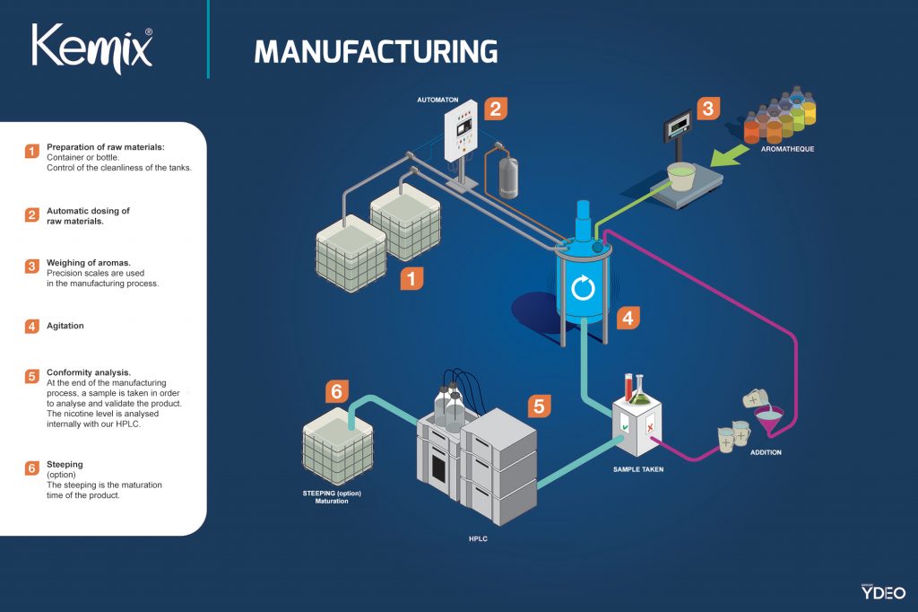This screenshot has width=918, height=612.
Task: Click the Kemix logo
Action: coord(92,49)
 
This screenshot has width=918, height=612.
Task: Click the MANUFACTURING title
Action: coord(376,51)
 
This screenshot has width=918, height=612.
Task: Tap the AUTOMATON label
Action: coord(437,100)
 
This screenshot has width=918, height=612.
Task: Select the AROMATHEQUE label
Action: coord(787,149)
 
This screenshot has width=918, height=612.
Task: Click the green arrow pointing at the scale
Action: coord(729,156)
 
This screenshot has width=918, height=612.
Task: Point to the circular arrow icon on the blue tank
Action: coord(583,288)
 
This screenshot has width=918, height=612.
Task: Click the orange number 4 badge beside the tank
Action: coord(628,318)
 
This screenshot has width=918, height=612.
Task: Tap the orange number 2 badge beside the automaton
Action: coord(495,109)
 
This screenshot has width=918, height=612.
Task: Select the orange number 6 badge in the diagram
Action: coord(337,391)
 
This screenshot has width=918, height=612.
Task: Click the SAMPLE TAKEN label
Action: coord(638,469)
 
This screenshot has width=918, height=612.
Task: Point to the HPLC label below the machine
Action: coord(478,538)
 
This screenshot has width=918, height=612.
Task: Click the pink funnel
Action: coord(769,421)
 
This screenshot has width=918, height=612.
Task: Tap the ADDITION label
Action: coord(766,452)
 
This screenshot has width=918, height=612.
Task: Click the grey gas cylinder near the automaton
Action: coord(507,177)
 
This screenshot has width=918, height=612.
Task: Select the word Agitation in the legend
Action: coord(65,326)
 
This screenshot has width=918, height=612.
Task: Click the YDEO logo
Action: coord(883,591)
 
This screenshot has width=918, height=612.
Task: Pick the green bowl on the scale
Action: coord(682,176)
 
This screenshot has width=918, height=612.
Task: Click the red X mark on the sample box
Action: coord(650,427)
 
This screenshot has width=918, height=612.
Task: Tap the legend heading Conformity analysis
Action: coord(89,372)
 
